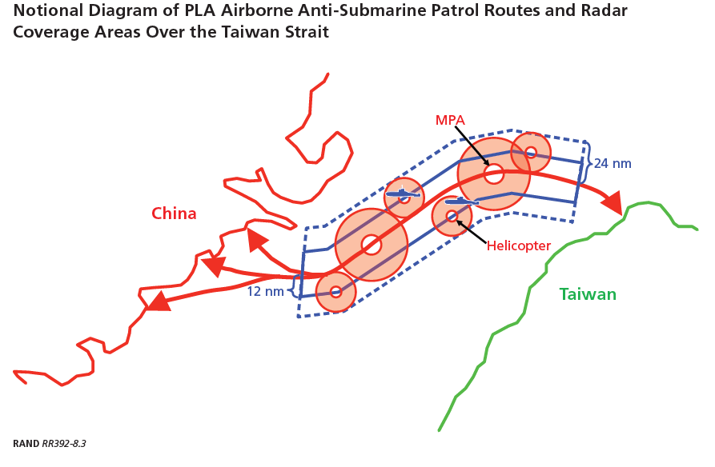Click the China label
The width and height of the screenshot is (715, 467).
[x=174, y=214]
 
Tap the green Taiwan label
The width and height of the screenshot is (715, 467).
[x=588, y=294]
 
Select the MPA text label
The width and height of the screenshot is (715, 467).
[x=450, y=120]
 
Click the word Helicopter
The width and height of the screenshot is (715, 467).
[x=519, y=246]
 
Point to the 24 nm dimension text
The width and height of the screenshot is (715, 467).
[x=613, y=163]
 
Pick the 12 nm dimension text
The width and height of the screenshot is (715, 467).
[x=265, y=291]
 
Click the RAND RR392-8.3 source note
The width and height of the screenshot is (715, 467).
[x=50, y=443]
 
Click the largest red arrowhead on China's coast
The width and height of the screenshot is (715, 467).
[x=156, y=301]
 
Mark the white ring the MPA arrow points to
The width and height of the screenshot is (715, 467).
[x=493, y=174]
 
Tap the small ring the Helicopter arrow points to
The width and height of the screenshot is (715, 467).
[x=452, y=216]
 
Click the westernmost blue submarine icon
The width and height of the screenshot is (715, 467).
[x=403, y=194]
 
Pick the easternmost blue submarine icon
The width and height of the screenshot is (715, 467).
[x=462, y=201]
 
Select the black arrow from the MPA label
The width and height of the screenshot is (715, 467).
[x=472, y=146]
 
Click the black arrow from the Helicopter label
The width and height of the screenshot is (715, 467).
[x=471, y=230]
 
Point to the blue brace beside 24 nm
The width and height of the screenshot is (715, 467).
[x=587, y=163]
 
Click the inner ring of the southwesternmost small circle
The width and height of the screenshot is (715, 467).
[x=335, y=292]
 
